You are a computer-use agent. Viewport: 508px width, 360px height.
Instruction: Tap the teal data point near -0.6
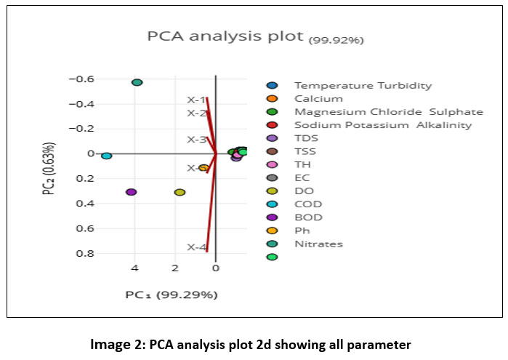click(x=137, y=82)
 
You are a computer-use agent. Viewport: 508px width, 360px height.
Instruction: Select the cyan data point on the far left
click(x=106, y=156)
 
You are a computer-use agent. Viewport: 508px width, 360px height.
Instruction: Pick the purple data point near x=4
click(x=132, y=192)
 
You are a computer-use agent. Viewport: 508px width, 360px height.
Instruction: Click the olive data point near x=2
click(x=180, y=192)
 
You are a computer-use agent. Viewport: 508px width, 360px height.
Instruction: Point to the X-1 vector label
click(x=195, y=100)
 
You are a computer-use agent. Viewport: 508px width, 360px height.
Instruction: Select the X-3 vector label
click(x=195, y=139)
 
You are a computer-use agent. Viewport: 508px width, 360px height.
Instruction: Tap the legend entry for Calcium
click(x=308, y=98)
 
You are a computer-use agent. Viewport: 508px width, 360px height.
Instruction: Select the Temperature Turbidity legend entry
click(x=352, y=85)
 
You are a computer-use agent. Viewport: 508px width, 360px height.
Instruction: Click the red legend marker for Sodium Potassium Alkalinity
click(x=272, y=125)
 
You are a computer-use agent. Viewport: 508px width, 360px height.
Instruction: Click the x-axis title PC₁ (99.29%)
click(x=172, y=295)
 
